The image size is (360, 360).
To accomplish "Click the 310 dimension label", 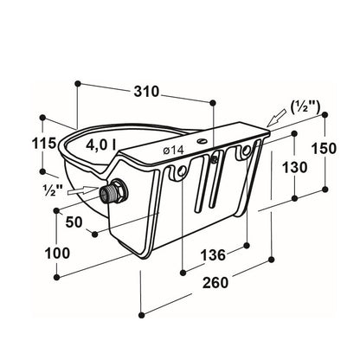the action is [x=146, y=92].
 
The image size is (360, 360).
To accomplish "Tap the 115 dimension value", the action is [x=43, y=144].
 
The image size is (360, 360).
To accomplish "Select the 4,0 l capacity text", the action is [x=100, y=145].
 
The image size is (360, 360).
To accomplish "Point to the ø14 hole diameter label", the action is [x=173, y=150].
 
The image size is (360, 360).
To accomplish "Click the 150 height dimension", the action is [x=324, y=148].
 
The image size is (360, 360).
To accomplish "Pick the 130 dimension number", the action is [x=294, y=167].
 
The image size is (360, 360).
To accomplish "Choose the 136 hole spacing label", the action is [x=213, y=255].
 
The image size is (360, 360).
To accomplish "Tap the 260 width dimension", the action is [x=215, y=282].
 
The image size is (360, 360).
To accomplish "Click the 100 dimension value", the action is [x=57, y=253].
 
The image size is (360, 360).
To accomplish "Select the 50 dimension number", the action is [x=74, y=222].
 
